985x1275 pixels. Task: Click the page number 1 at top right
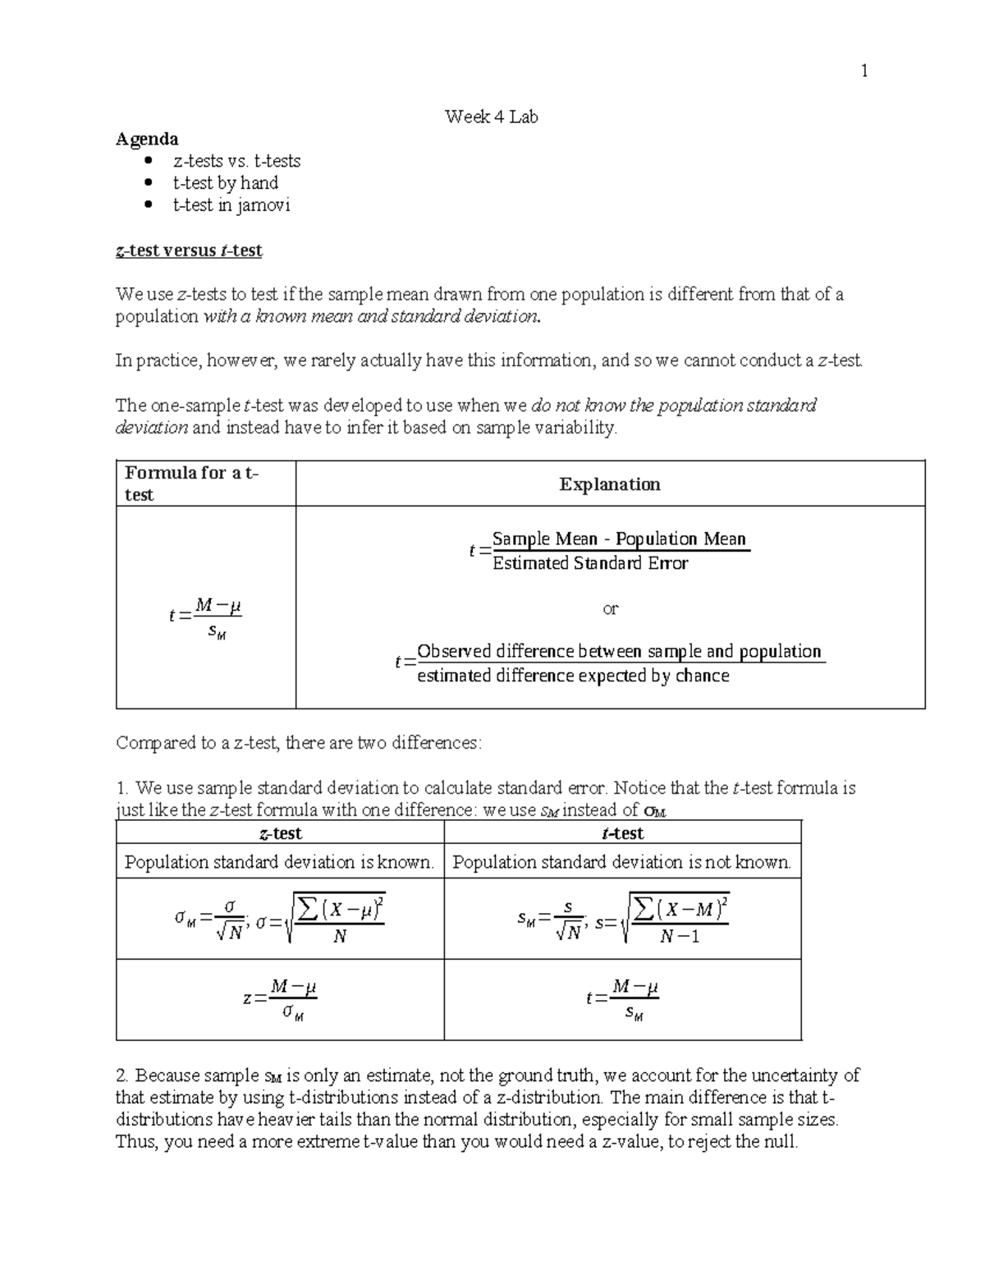tap(864, 71)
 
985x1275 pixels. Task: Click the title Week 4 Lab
tap(491, 117)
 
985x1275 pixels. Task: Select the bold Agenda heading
tap(147, 139)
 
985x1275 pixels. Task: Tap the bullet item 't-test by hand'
tap(225, 183)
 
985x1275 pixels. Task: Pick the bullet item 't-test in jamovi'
tap(231, 205)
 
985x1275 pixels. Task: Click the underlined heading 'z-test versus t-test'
tap(189, 250)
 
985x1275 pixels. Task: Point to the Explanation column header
tap(610, 484)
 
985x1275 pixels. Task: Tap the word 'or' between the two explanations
tap(610, 608)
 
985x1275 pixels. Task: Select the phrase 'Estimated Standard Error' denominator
tap(589, 563)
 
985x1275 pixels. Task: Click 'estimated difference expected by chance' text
tap(573, 676)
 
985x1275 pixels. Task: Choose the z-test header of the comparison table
tap(280, 833)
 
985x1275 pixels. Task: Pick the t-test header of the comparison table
tap(622, 833)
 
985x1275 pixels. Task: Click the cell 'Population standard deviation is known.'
tap(279, 862)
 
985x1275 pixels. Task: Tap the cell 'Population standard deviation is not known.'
tap(621, 862)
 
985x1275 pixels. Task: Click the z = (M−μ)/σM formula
tap(280, 999)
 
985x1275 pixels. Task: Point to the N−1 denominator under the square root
tap(679, 936)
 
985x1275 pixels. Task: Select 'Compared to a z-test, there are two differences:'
tap(300, 743)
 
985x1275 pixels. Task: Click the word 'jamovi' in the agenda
tap(263, 205)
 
